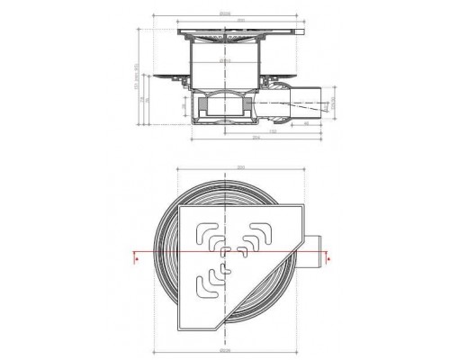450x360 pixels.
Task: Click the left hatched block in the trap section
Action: (208, 112)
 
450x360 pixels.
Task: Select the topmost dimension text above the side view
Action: (238, 13)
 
